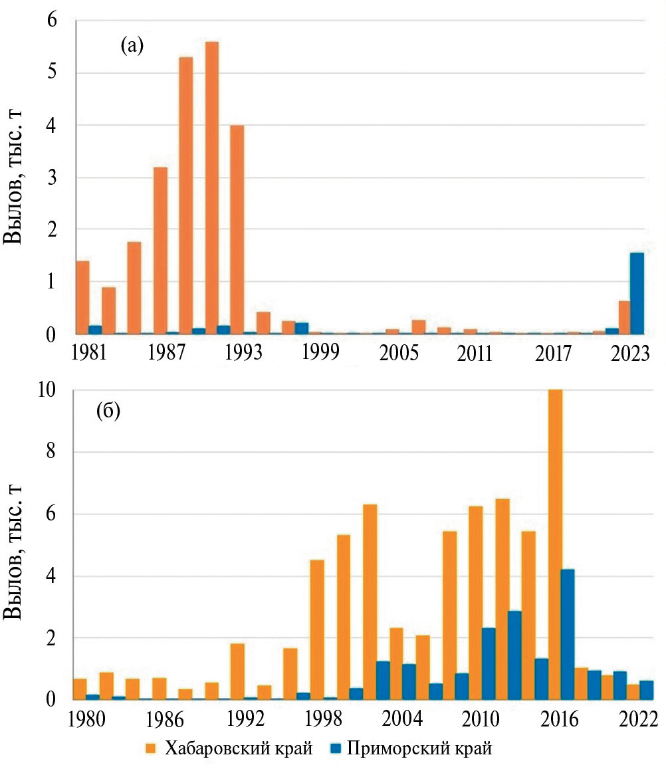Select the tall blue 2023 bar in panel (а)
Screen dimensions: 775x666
(637, 293)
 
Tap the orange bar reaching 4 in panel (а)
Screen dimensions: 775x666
(237, 229)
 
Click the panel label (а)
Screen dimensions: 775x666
(132, 45)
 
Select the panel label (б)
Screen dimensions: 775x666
(108, 412)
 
